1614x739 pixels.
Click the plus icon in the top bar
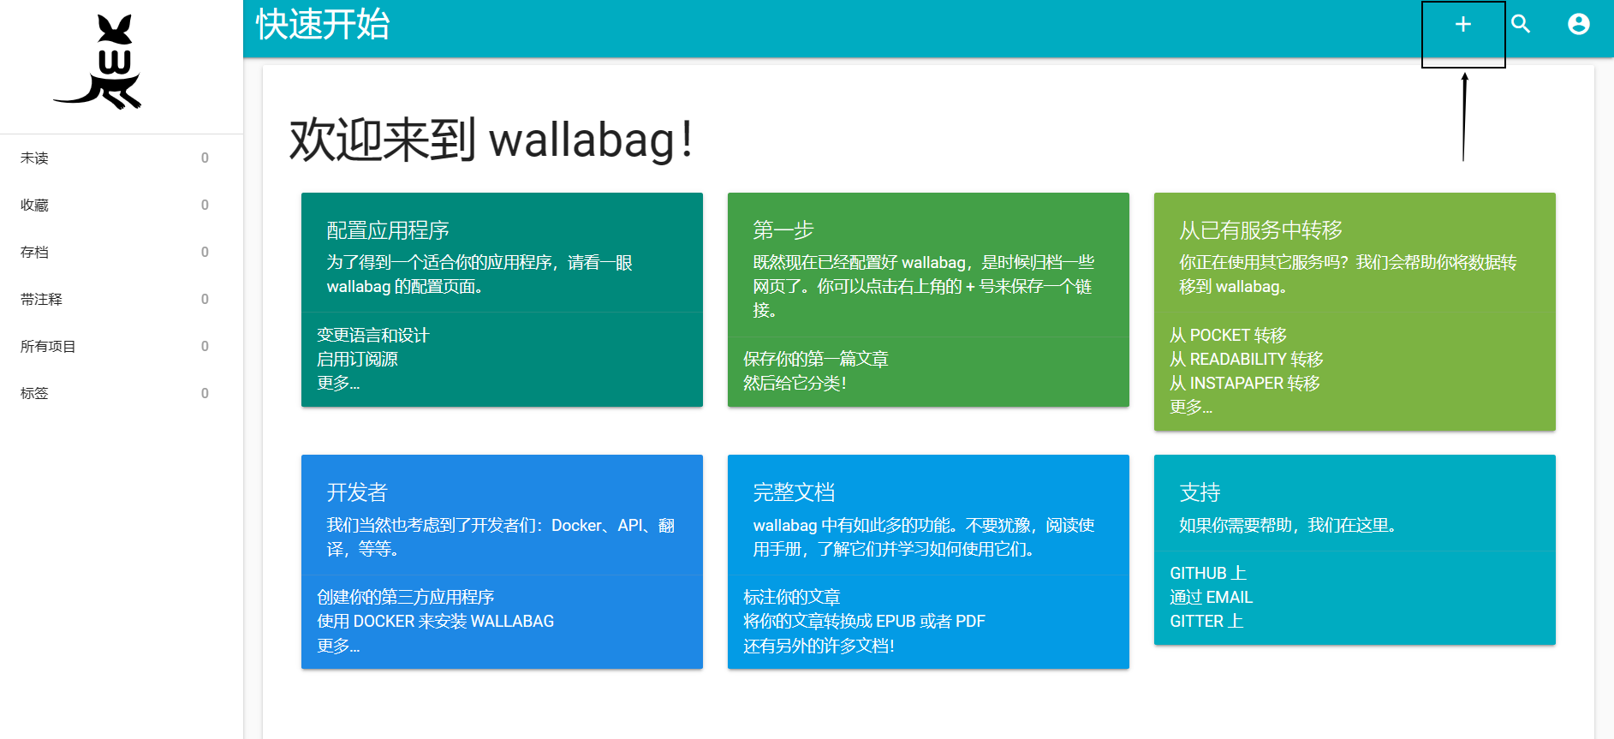1462,25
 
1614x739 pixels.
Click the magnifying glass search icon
1521,24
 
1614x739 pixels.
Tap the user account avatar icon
1578,24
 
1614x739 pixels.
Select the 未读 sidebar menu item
35,158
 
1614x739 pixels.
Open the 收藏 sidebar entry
35,206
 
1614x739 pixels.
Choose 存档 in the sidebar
35,253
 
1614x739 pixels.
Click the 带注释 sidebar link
42,300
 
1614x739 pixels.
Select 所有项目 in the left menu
49,347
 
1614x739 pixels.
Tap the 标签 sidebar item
35,394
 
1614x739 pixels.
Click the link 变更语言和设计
372,336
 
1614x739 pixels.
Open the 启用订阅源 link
357,360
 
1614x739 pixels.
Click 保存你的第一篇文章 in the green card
815,360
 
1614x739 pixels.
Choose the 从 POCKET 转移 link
1228,336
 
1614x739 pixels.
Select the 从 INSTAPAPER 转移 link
1244,384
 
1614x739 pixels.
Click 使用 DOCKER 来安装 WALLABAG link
435,622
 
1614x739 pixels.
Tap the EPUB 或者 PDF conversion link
864,622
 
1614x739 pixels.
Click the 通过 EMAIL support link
1211,598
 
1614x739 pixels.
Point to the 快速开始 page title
323,25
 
